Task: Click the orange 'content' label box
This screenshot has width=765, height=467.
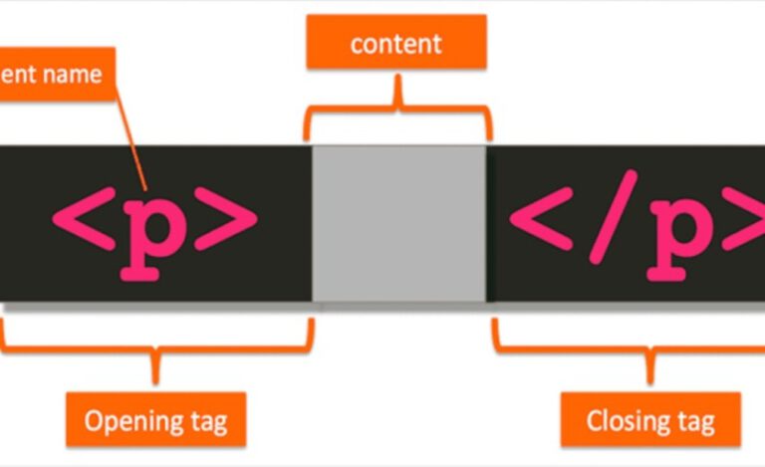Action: click(x=396, y=44)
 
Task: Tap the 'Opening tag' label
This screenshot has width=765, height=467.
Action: click(x=155, y=419)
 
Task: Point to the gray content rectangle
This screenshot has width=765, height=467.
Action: click(x=399, y=223)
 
